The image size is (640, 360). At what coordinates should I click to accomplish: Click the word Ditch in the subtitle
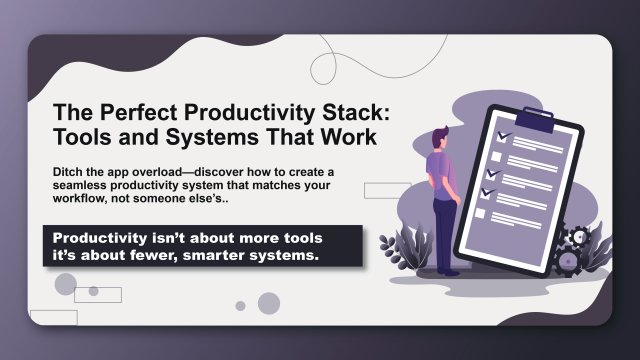coord(69,172)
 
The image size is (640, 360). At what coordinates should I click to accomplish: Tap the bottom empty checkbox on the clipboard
coord(479,214)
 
